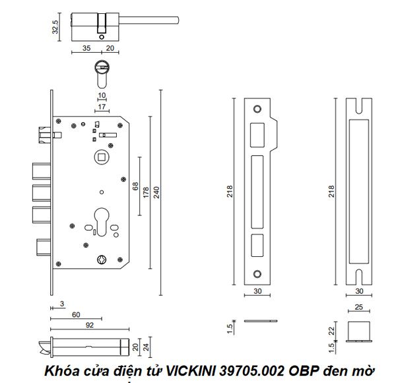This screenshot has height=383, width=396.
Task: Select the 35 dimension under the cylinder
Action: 86,48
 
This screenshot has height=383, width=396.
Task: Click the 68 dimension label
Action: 135,188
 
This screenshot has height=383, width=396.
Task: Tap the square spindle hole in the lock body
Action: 101,156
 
